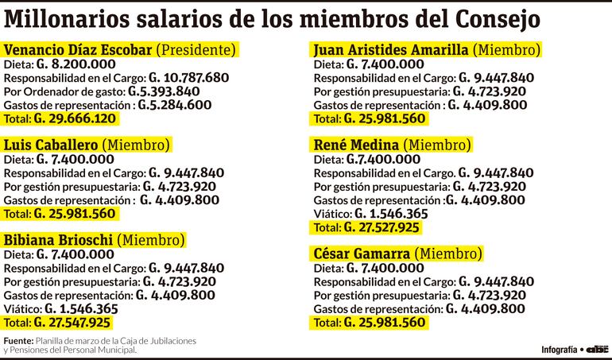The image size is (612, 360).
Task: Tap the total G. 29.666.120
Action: point(75,118)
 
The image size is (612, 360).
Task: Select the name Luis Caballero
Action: point(52,145)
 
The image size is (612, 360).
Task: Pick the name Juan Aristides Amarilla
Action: point(390,50)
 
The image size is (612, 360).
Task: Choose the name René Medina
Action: point(357,145)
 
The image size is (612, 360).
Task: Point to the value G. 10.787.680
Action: point(188,78)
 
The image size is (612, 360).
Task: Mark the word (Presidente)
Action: point(197,50)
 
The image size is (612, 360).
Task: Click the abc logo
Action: point(598,349)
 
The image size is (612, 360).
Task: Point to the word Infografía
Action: point(559,350)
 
